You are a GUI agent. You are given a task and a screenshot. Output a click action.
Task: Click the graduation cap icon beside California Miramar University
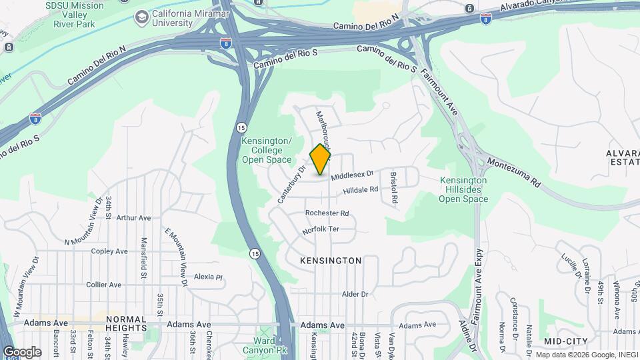point(141,17)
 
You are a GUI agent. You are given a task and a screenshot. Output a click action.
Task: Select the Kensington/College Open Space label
point(267,151)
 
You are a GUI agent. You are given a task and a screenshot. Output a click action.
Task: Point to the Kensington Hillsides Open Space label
point(463,189)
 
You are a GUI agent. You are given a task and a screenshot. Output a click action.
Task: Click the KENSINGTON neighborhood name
point(331,261)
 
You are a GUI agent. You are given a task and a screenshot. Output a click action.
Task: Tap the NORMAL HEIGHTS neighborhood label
point(126,324)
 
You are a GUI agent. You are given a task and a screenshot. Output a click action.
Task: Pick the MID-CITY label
point(565,341)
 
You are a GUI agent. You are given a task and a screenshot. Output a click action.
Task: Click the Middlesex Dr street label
point(353,175)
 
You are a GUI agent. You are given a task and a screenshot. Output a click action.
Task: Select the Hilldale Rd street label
point(361,191)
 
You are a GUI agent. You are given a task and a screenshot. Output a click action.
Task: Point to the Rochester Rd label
point(327,213)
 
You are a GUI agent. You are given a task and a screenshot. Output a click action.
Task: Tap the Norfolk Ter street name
point(321,229)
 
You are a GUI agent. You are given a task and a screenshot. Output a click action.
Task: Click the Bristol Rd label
point(394,187)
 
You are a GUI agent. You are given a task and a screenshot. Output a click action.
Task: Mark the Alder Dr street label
point(355,294)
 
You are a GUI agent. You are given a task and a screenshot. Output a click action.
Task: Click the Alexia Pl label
point(207,277)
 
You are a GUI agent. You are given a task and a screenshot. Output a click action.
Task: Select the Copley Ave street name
point(109,251)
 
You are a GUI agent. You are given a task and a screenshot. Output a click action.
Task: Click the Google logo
point(22,352)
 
